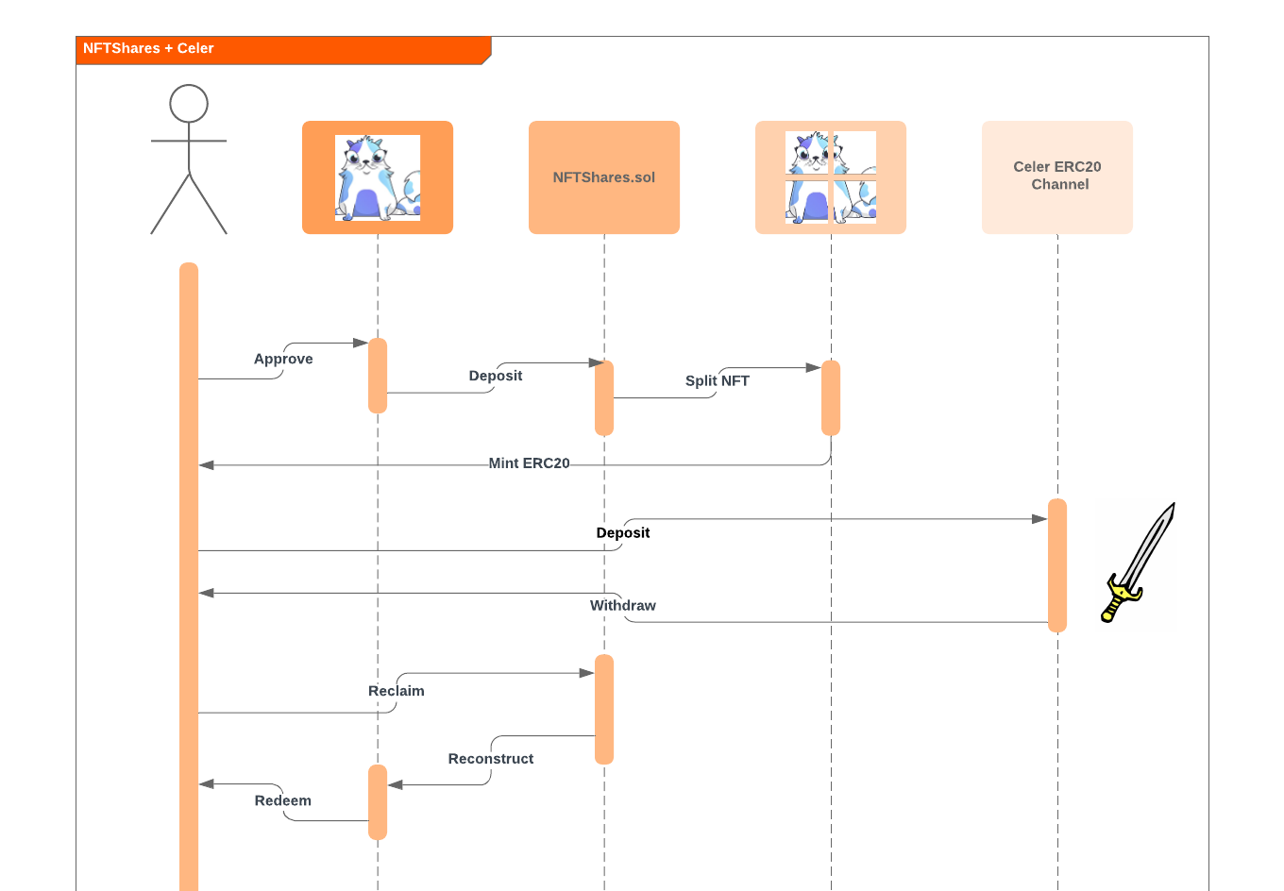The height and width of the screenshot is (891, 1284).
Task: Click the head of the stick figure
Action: pos(189,104)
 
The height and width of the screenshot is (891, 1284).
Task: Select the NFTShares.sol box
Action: pos(604,177)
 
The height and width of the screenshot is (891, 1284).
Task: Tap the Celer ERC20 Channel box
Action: pos(1057,177)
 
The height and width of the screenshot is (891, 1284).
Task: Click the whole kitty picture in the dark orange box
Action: pos(378,177)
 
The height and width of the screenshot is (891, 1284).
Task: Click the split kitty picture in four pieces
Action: pos(831,177)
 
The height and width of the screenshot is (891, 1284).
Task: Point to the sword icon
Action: pos(1138,562)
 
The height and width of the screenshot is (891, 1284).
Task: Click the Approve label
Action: pos(283,359)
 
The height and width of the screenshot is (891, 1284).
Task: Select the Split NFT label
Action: pos(718,380)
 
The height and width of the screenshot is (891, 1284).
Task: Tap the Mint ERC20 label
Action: pos(529,463)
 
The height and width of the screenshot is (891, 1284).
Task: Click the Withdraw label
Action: pos(623,605)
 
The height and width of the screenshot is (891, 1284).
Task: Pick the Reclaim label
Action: pos(397,691)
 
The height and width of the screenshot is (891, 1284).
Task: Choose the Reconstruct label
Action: pos(491,759)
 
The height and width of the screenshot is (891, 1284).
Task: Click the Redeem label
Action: pos(283,800)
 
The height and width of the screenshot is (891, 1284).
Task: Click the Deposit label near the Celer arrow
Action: pos(623,532)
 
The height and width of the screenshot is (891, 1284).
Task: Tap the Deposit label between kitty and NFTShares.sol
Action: pos(496,376)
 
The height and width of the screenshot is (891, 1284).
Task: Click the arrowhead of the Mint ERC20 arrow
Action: pos(207,464)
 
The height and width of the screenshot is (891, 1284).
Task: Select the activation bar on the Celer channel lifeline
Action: pos(1057,564)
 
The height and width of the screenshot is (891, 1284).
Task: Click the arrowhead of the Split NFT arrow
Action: pos(813,367)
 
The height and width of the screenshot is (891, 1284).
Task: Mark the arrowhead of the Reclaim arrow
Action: pos(586,673)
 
